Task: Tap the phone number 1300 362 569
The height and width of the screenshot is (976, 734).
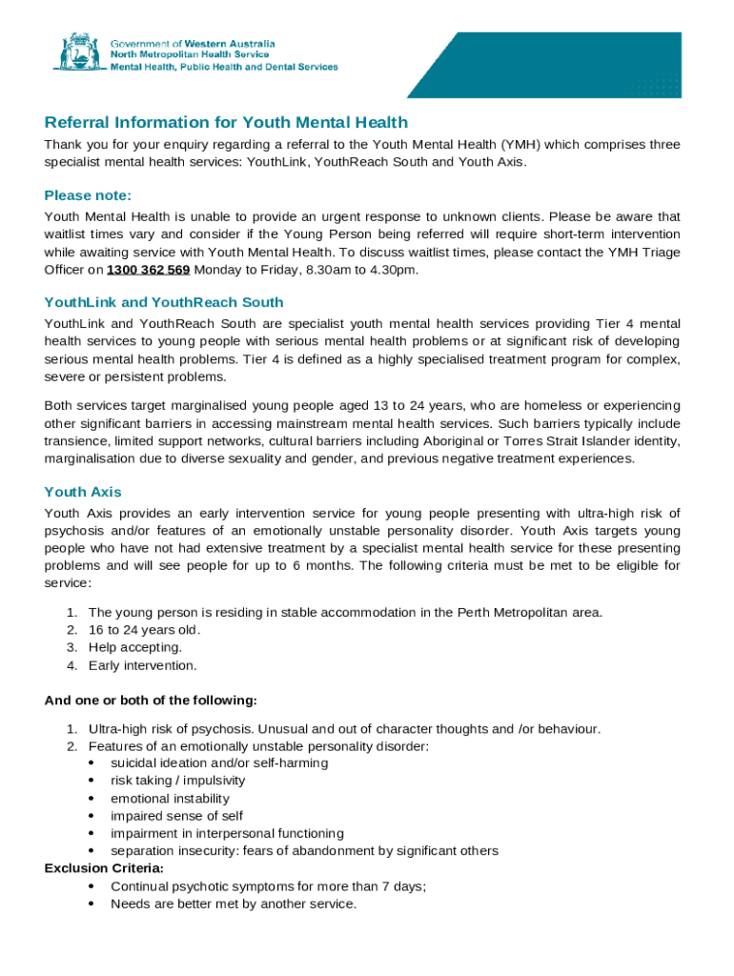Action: pyautogui.click(x=148, y=270)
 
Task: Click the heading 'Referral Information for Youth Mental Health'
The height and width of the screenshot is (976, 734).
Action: pyautogui.click(x=226, y=122)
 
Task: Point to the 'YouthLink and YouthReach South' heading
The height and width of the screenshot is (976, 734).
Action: pyautogui.click(x=164, y=302)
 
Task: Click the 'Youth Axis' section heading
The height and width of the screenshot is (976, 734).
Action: pyautogui.click(x=83, y=492)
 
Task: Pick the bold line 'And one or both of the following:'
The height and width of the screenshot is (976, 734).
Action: pyautogui.click(x=151, y=701)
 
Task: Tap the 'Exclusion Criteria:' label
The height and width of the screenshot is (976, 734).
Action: pyautogui.click(x=104, y=868)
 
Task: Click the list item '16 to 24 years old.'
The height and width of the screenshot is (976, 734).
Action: pyautogui.click(x=145, y=630)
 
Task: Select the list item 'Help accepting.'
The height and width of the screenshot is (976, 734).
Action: pyautogui.click(x=135, y=647)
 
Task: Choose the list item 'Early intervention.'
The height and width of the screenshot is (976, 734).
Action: pyautogui.click(x=143, y=665)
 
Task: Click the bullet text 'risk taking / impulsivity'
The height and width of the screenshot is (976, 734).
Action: pyautogui.click(x=177, y=781)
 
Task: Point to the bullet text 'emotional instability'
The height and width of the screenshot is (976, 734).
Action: pyautogui.click(x=170, y=799)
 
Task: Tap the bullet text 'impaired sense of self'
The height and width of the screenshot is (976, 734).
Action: pyautogui.click(x=176, y=816)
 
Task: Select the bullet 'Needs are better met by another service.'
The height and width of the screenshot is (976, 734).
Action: pyautogui.click(x=234, y=904)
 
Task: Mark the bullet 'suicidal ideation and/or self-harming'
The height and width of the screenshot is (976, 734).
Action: pyautogui.click(x=219, y=763)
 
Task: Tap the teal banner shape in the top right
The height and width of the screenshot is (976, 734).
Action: pyautogui.click(x=572, y=64)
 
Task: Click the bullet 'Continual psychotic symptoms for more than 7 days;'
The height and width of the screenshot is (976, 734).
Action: pyautogui.click(x=268, y=886)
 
